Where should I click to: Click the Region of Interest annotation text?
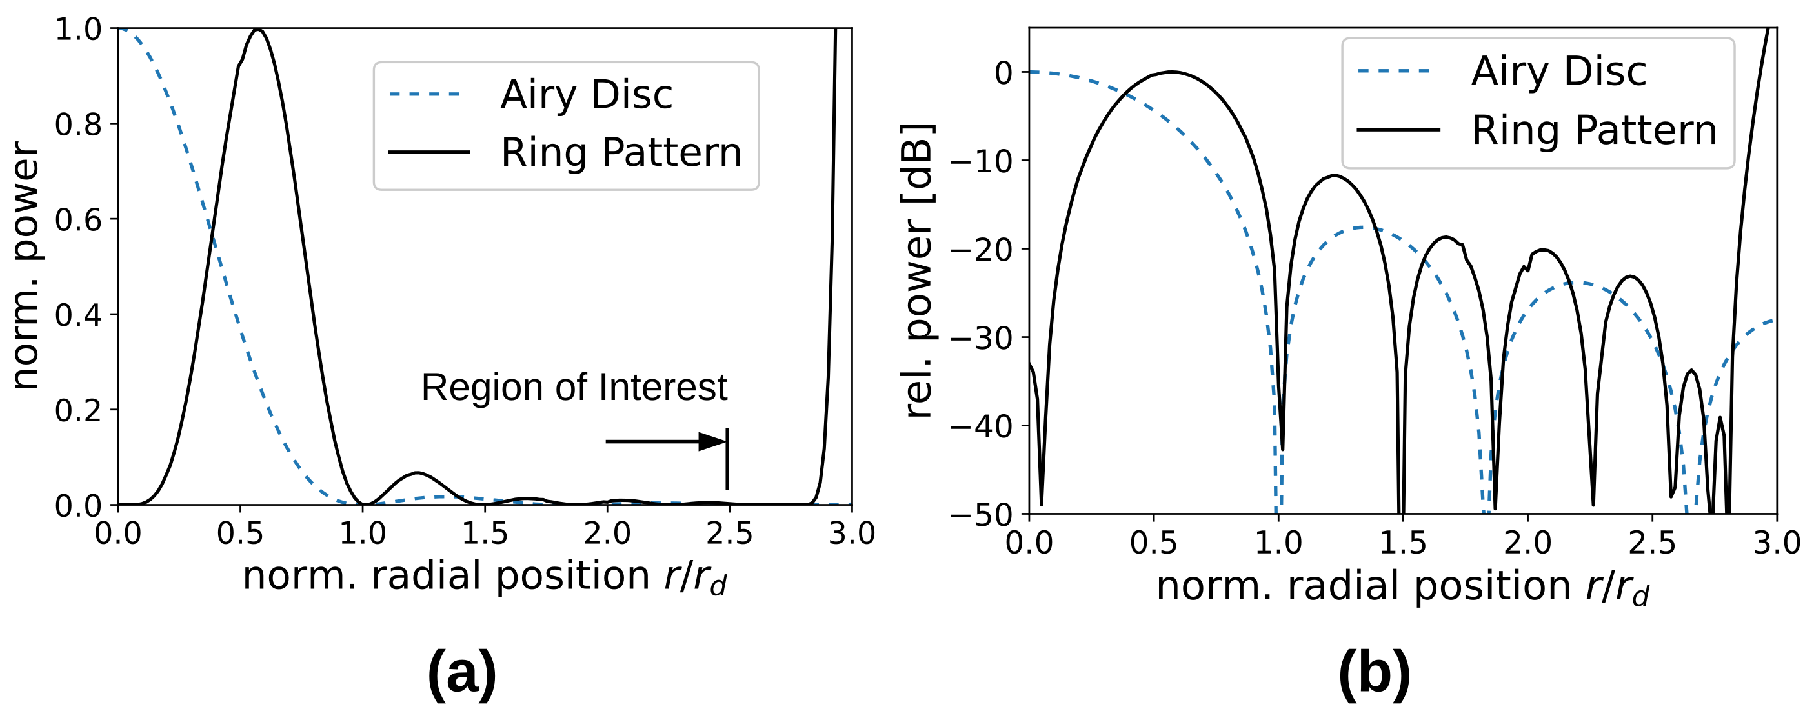pyautogui.click(x=573, y=388)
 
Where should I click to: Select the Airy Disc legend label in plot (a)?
pyautogui.click(x=586, y=95)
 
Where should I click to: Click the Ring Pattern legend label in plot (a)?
pyautogui.click(x=620, y=153)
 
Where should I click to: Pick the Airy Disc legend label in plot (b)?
pyautogui.click(x=1558, y=72)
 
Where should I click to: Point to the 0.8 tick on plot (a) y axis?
pyautogui.click(x=77, y=125)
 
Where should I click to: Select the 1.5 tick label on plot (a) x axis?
pyautogui.click(x=485, y=534)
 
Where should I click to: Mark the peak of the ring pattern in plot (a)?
pyautogui.click(x=258, y=30)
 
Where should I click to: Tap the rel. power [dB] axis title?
pyautogui.click(x=918, y=271)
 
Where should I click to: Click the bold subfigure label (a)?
pyautogui.click(x=462, y=674)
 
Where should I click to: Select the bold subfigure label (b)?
pyautogui.click(x=1374, y=674)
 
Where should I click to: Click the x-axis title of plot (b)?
pyautogui.click(x=1402, y=587)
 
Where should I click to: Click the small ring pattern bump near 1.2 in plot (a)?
pyautogui.click(x=417, y=473)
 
